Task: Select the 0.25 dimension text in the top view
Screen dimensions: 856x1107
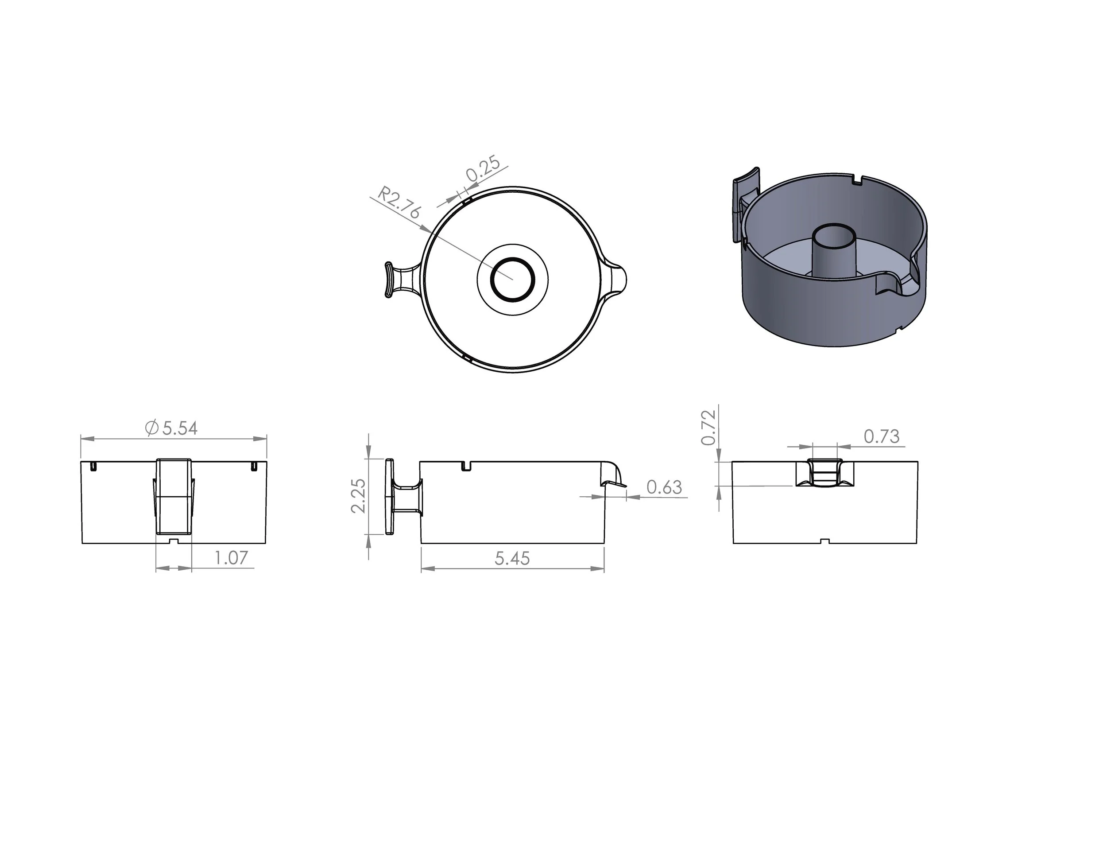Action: point(483,169)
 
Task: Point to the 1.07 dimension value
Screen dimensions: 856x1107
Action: point(231,558)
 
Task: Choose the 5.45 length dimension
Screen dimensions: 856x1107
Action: point(512,558)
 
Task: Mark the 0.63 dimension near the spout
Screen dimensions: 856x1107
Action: point(664,487)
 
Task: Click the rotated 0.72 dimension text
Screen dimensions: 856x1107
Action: point(708,427)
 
